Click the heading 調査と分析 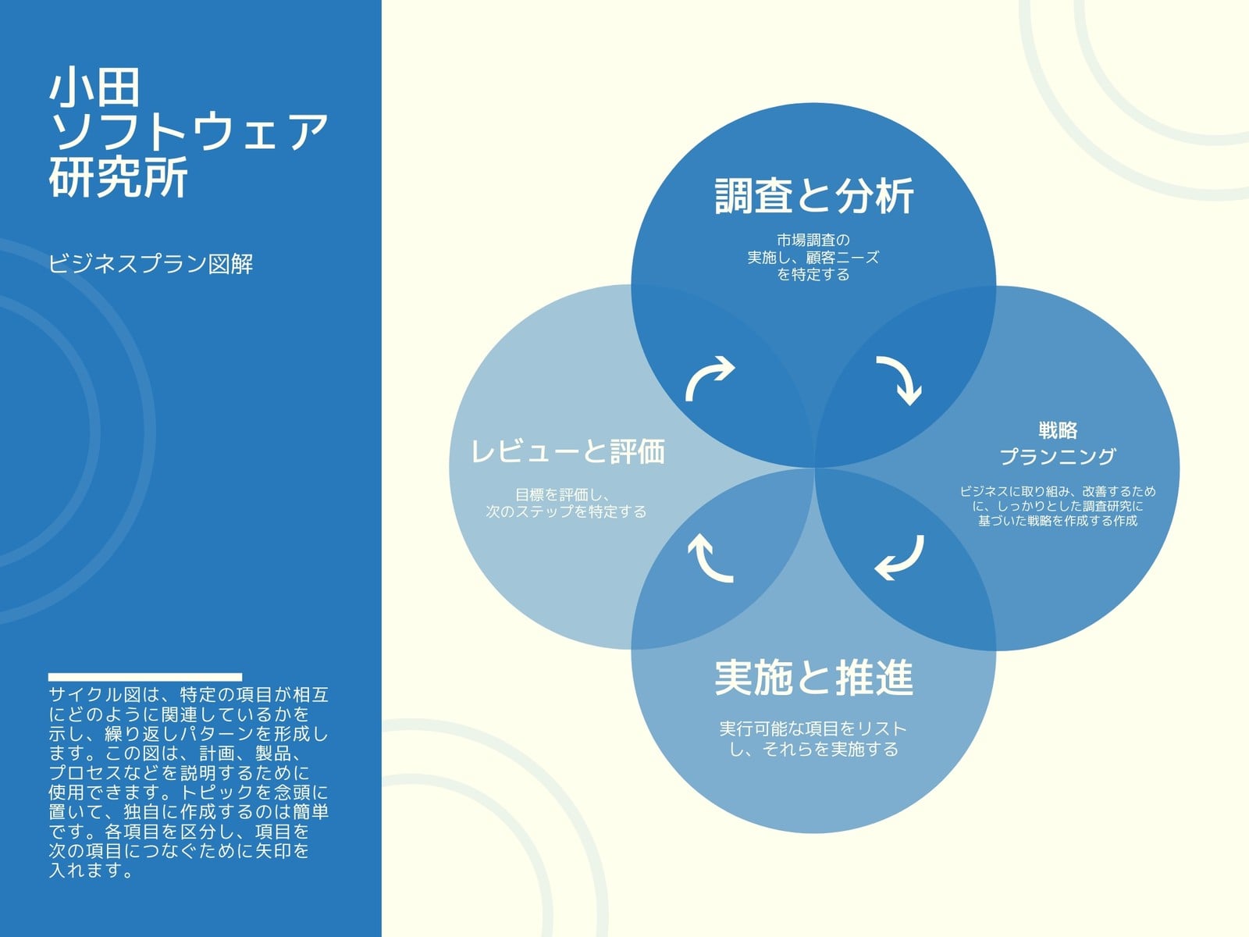pyautogui.click(x=813, y=196)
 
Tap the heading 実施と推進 pyautogui.click(x=813, y=677)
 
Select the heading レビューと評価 pyautogui.click(x=568, y=452)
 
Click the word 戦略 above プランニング pyautogui.click(x=1058, y=430)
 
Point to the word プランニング pyautogui.click(x=1058, y=456)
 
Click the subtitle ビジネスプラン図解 pyautogui.click(x=151, y=263)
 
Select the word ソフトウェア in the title pyautogui.click(x=189, y=132)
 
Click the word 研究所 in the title pyautogui.click(x=119, y=177)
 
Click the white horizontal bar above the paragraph pyautogui.click(x=145, y=677)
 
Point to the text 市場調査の pyautogui.click(x=813, y=240)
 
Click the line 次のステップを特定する pyautogui.click(x=566, y=511)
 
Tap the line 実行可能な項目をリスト pyautogui.click(x=813, y=729)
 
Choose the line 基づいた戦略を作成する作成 pyautogui.click(x=1058, y=521)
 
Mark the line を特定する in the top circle pyautogui.click(x=813, y=274)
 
